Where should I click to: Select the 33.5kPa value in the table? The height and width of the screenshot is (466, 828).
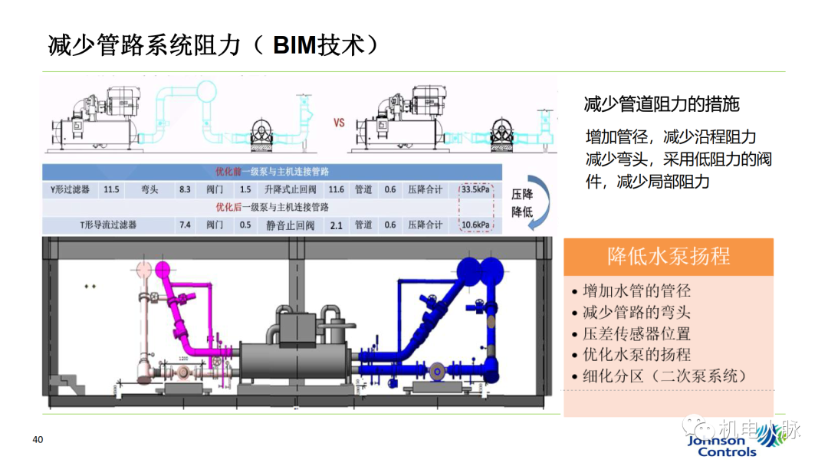pyautogui.click(x=476, y=189)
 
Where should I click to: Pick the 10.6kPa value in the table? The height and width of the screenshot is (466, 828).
pyautogui.click(x=476, y=225)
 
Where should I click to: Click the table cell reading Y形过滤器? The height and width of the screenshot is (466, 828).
pyautogui.click(x=65, y=189)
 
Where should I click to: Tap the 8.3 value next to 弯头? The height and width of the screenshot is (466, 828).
pyautogui.click(x=184, y=189)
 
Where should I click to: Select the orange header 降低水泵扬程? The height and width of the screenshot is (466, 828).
pyautogui.click(x=669, y=257)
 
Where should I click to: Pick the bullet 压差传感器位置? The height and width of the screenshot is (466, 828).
pyautogui.click(x=636, y=333)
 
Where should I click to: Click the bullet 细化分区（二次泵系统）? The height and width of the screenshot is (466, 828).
pyautogui.click(x=664, y=376)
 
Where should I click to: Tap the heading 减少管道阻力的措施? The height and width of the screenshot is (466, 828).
pyautogui.click(x=662, y=103)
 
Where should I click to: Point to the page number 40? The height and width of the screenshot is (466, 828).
pyautogui.click(x=37, y=439)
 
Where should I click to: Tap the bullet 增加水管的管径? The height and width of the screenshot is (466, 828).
pyautogui.click(x=636, y=291)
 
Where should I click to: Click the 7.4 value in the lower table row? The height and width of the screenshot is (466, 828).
pyautogui.click(x=184, y=225)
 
